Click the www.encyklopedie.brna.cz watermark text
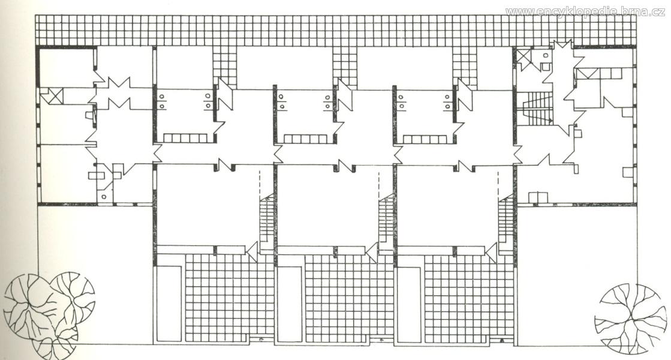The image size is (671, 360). click(585, 12)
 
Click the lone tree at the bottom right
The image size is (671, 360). click(630, 319)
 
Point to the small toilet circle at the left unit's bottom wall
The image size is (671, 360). click(104, 197)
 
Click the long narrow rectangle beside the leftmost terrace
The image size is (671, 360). click(170, 304)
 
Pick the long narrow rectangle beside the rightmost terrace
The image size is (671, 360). click(410, 304)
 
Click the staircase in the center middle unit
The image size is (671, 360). click(386, 223)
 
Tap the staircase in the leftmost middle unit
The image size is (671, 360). click(266, 223)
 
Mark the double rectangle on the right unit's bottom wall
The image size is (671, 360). click(538, 197)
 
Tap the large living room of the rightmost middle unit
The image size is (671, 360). click(447, 205)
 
